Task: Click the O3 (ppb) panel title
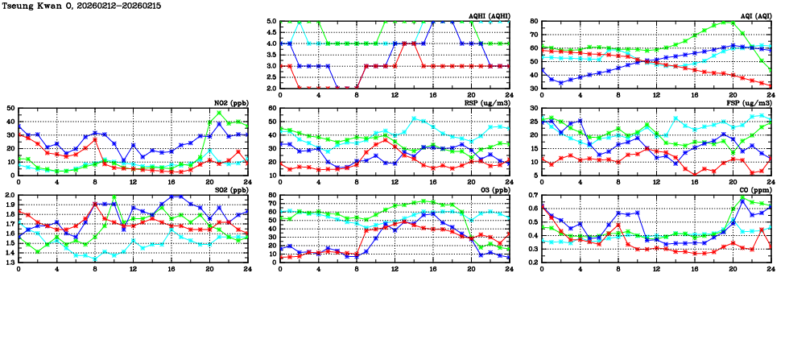(493, 190)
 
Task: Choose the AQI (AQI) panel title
(754, 16)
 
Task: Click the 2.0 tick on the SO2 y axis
(8, 196)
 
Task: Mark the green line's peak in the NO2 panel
(219, 112)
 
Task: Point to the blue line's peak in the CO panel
(742, 200)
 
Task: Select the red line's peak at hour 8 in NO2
(95, 139)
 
